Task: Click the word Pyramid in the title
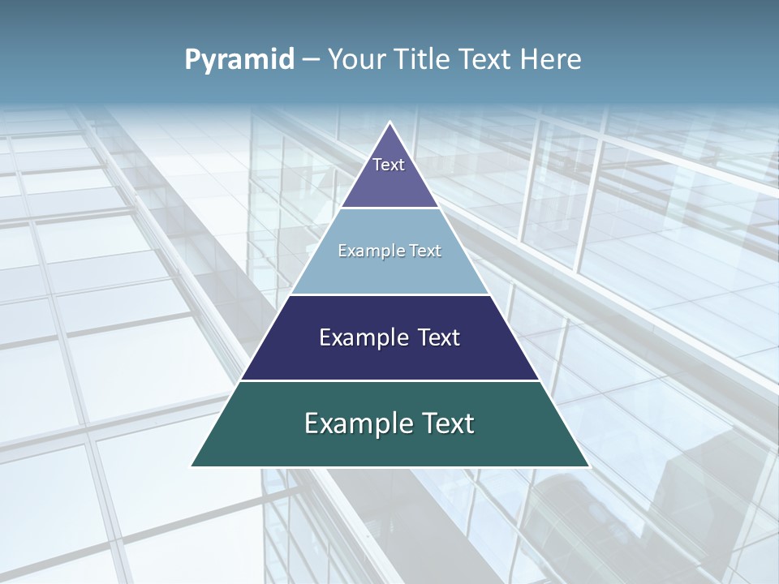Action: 239,60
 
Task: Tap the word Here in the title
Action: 551,60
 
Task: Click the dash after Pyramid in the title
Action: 311,60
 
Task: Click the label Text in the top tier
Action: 389,165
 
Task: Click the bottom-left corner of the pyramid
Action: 192,466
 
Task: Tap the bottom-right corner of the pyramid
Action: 588,466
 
